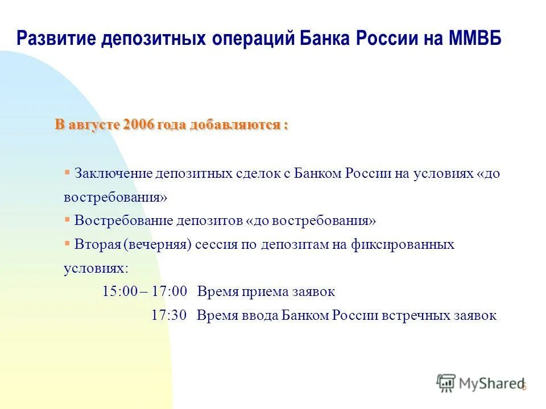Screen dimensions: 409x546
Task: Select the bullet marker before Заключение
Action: click(x=67, y=172)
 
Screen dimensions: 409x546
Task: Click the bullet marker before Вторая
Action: click(x=67, y=243)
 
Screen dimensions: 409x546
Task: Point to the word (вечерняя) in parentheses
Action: click(x=156, y=244)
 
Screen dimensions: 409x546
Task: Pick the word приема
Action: click(x=260, y=292)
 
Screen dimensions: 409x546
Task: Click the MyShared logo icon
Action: click(x=446, y=383)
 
